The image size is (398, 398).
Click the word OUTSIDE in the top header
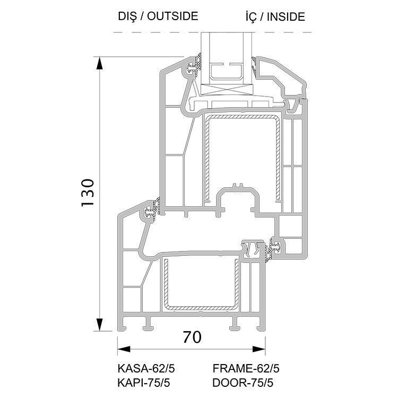tap(172, 16)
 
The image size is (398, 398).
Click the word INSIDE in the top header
tap(286, 17)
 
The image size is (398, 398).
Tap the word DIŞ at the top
tap(127, 16)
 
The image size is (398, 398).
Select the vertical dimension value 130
tap(88, 193)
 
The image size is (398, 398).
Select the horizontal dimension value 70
tap(192, 337)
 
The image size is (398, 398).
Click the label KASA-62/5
tap(146, 369)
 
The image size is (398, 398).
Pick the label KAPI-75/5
tap(144, 383)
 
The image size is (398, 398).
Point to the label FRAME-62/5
tap(246, 369)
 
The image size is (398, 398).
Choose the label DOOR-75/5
tap(243, 383)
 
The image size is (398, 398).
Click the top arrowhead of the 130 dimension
tap(100, 63)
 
